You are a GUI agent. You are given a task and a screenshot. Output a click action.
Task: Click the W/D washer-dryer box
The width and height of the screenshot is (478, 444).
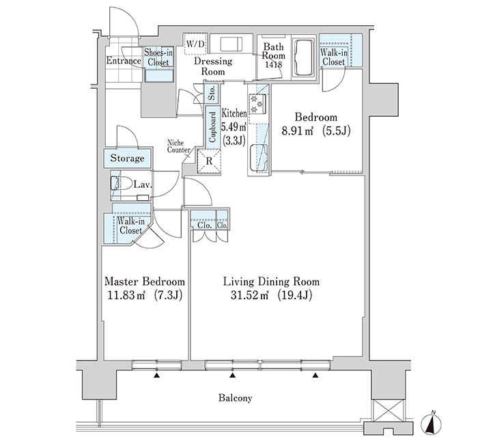195,44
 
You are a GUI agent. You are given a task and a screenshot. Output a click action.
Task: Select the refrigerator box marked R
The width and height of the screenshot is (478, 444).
209,161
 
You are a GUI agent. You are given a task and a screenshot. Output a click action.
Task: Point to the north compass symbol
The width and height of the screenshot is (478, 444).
431,424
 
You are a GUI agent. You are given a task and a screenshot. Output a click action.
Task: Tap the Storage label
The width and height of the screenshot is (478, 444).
128,158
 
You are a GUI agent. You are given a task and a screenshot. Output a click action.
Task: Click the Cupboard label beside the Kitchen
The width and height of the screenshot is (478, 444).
212,127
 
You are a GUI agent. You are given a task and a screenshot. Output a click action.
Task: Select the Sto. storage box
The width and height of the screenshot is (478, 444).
212,92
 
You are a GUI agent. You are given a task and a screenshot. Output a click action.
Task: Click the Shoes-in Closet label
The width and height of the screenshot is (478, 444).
158,57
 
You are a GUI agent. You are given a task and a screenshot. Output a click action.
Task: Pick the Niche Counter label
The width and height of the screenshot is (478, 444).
179,146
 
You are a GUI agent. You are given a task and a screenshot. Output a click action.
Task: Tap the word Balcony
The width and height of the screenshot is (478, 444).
236,398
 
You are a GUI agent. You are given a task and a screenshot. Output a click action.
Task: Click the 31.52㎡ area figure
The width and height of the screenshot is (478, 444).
249,295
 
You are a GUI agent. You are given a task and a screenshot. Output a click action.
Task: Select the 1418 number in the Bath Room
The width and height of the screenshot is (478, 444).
274,65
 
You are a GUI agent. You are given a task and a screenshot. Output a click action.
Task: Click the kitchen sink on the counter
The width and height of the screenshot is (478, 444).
259,158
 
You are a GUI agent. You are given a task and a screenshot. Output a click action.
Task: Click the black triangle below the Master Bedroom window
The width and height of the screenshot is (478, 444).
156,376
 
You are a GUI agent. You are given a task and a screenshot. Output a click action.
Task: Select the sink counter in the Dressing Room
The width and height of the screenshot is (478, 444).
231,43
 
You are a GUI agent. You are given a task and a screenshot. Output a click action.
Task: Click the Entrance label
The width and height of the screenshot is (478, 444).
124,61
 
